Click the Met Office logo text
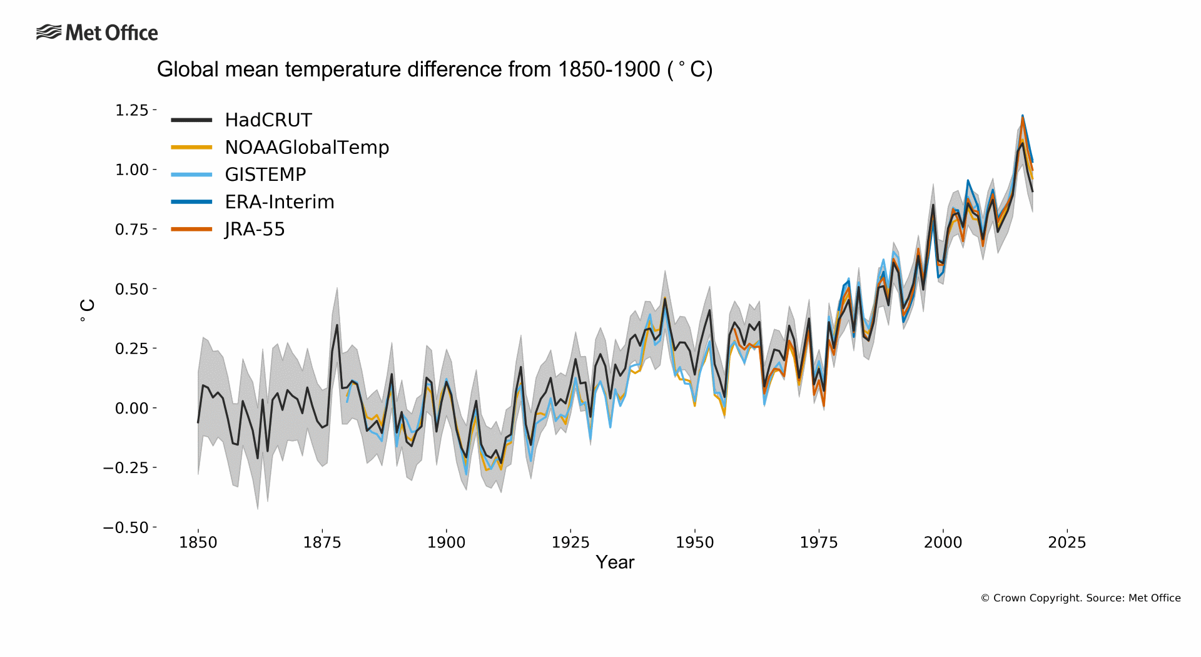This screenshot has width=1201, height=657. pyautogui.click(x=111, y=33)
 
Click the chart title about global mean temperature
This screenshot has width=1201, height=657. pyautogui.click(x=434, y=69)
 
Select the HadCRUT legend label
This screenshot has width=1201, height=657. pyautogui.click(x=268, y=120)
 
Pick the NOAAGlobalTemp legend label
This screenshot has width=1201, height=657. pyautogui.click(x=307, y=147)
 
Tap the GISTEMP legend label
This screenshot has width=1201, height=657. pyautogui.click(x=265, y=175)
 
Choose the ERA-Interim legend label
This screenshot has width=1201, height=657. pyautogui.click(x=280, y=202)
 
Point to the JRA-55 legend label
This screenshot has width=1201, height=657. pyautogui.click(x=255, y=230)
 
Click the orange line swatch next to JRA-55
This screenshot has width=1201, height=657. pyautogui.click(x=191, y=230)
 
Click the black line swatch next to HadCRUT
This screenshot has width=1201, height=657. pyautogui.click(x=191, y=120)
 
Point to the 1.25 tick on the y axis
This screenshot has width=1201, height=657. pyautogui.click(x=131, y=110)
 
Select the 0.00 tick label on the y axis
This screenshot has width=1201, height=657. pyautogui.click(x=131, y=408)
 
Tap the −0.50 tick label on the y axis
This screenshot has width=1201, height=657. pyautogui.click(x=126, y=527)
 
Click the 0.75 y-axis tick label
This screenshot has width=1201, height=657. pyautogui.click(x=131, y=230)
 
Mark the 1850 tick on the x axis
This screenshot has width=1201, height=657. pyautogui.click(x=198, y=542)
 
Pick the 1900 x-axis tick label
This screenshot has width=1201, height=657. pyautogui.click(x=446, y=542)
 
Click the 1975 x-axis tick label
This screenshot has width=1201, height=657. pyautogui.click(x=818, y=542)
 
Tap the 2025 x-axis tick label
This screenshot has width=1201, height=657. pyautogui.click(x=1067, y=542)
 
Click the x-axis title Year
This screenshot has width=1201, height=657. pyautogui.click(x=615, y=563)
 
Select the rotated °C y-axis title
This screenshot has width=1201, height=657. pyautogui.click(x=87, y=310)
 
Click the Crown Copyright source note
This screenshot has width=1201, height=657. pyautogui.click(x=1080, y=598)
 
